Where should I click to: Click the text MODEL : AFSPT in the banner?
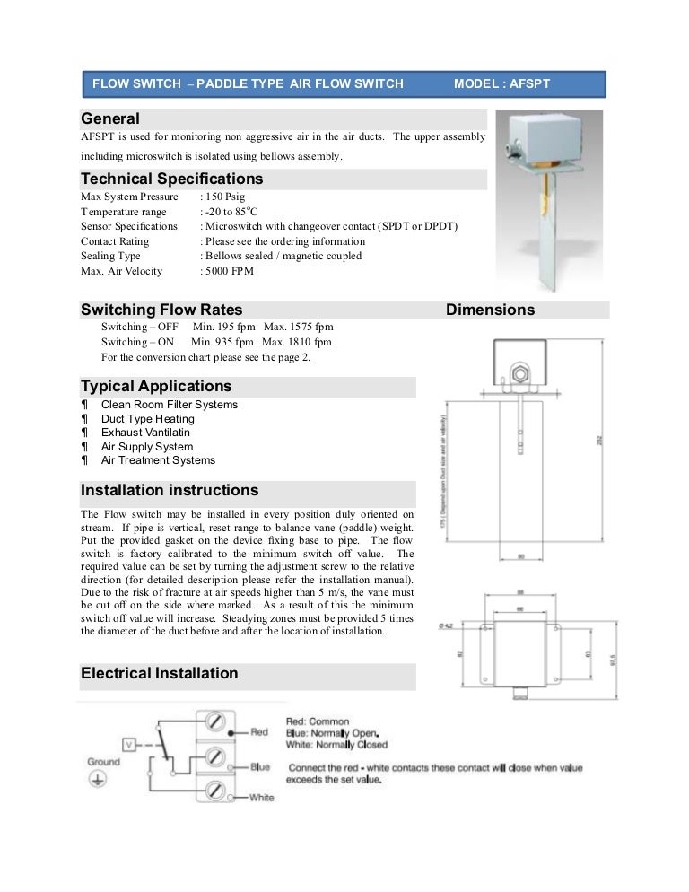501,84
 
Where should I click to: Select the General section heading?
110,118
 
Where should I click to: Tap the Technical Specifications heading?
171,179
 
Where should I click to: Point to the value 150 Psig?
224,196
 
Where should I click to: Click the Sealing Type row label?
110,256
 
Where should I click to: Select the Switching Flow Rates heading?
161,310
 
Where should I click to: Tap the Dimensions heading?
490,310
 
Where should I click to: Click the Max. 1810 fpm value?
297,342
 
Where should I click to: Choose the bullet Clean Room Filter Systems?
170,405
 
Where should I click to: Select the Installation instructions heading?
170,491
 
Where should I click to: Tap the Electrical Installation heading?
160,673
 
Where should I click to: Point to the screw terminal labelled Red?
215,721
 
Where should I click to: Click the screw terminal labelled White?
215,791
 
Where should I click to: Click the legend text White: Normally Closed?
336,745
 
